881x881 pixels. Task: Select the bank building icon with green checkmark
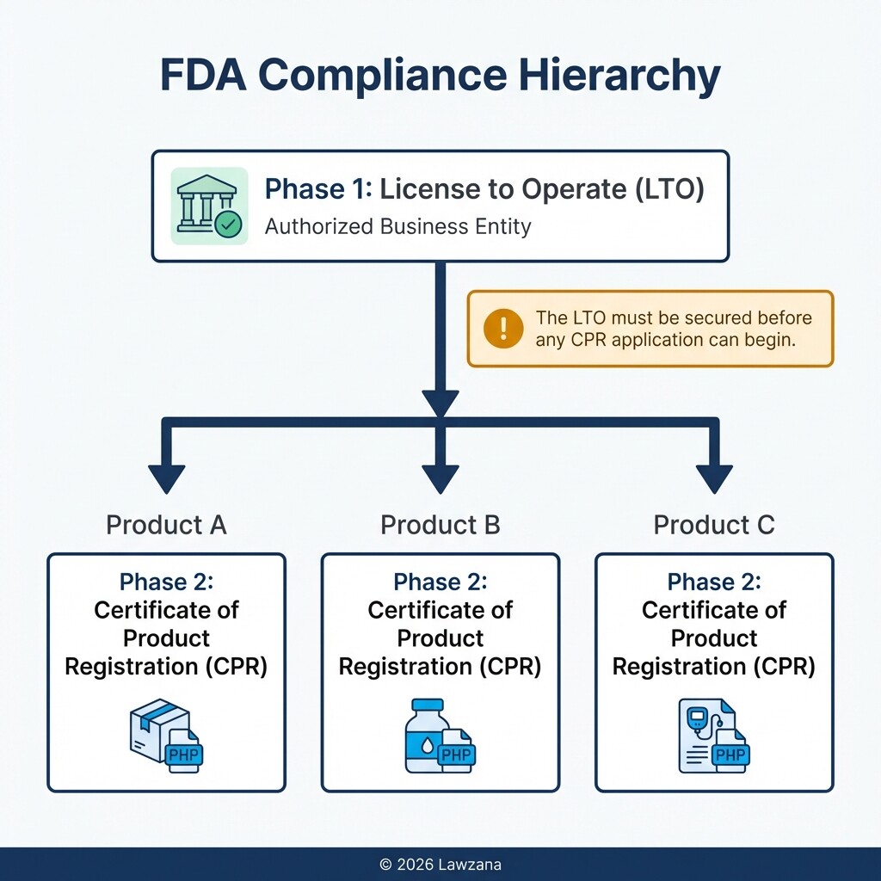[209, 206]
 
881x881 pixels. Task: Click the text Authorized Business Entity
[397, 227]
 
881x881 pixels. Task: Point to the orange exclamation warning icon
[503, 329]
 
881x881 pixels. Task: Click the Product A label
[166, 525]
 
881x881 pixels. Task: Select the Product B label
[440, 525]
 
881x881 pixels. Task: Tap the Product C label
[714, 525]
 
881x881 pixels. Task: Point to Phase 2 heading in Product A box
[166, 582]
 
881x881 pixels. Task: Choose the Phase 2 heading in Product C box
[714, 582]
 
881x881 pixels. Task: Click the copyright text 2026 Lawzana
[440, 864]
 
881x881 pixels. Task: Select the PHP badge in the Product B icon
[456, 755]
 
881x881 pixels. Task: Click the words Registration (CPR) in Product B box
[440, 667]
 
